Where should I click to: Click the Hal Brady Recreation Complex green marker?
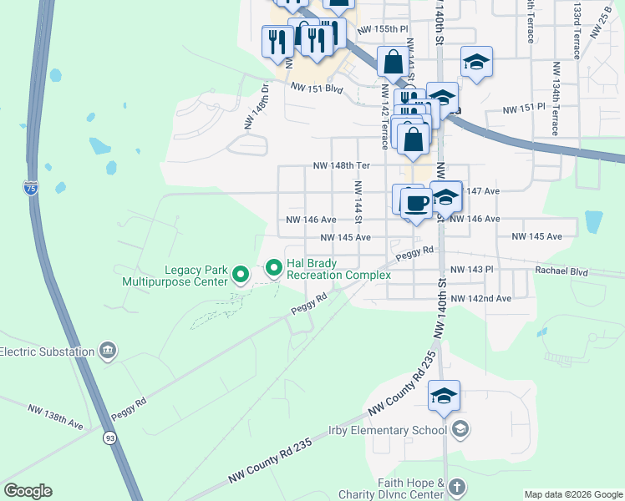point(273,268)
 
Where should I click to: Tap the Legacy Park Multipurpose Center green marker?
point(241,273)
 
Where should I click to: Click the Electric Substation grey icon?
point(108,351)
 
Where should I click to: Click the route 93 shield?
point(110,437)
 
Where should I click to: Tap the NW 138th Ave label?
point(55,417)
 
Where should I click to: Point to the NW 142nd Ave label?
point(480,299)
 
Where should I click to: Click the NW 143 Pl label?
point(473,271)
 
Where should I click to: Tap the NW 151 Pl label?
point(523,109)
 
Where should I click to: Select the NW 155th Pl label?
point(383,29)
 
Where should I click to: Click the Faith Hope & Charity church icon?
point(456,486)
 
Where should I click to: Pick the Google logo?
point(28,491)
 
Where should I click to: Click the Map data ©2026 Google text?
point(573,494)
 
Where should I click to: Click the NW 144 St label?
point(357,202)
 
